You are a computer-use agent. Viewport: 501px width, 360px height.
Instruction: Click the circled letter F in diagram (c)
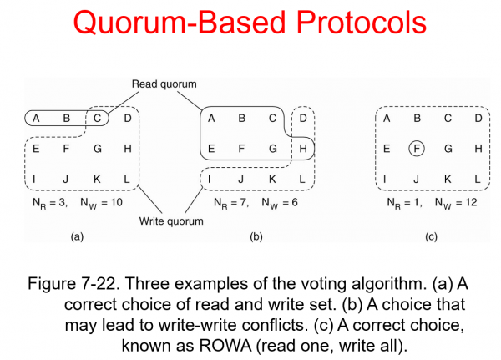pos(416,149)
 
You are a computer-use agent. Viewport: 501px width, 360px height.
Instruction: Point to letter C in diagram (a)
pos(98,119)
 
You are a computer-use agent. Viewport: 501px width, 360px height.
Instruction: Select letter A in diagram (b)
pos(212,119)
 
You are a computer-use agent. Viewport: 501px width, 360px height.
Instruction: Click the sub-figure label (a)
pos(78,237)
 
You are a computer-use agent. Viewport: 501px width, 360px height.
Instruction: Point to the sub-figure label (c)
pos(431,237)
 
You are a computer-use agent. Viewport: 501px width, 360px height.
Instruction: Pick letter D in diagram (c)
pos(477,119)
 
